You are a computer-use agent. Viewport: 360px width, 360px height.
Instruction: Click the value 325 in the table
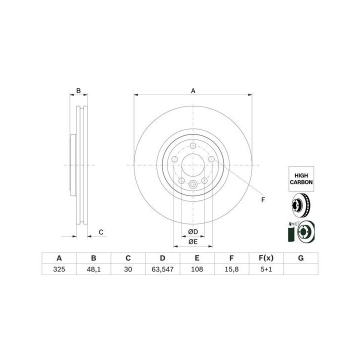59,269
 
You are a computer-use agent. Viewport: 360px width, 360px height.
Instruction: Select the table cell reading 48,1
93,269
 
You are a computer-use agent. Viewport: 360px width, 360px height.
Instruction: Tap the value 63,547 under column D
162,269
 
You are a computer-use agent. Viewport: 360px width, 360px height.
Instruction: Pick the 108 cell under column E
197,269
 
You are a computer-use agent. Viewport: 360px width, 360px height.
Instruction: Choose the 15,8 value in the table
231,269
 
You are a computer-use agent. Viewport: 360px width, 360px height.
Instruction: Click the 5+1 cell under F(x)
266,269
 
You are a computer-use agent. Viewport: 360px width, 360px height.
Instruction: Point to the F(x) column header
266,258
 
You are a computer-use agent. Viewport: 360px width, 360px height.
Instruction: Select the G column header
301,258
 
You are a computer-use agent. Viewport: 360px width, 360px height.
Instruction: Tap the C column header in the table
128,258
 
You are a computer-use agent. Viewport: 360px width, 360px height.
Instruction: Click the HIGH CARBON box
301,179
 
